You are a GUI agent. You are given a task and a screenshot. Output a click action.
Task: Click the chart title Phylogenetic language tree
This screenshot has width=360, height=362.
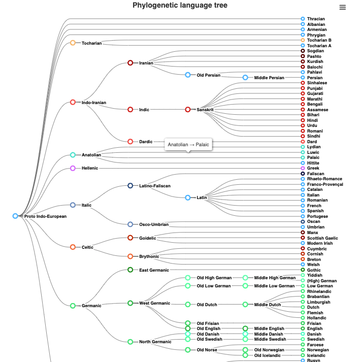pos(180,6)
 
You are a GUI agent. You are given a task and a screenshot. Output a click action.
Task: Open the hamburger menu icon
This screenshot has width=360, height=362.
pos(343,7)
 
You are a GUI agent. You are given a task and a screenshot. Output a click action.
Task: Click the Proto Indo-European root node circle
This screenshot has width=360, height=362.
pos(15,216)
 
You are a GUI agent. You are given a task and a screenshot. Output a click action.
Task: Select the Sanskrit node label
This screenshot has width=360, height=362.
pos(205,110)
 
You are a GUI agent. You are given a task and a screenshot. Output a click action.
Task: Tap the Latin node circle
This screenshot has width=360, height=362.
pos(188,198)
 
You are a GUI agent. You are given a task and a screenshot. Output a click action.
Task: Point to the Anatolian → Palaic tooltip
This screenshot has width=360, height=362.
pos(188,145)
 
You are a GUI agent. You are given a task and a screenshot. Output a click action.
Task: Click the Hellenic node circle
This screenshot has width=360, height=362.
pos(73,168)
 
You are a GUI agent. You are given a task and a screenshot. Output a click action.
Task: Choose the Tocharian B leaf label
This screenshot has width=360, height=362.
pos(319,40)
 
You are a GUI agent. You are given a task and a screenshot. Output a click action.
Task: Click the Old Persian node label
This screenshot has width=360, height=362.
pos(208,75)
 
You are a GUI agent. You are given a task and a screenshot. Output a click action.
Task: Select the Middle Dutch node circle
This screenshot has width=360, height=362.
pos(245,305)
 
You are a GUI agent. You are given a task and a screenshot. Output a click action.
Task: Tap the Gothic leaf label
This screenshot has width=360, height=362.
pos(314,270)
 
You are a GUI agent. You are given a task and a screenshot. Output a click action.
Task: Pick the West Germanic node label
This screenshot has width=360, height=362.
pos(154,303)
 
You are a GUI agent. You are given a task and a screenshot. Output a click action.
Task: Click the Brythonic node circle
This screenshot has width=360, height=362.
pos(130,256)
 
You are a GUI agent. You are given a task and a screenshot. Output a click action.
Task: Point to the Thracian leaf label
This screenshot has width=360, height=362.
pos(316,19)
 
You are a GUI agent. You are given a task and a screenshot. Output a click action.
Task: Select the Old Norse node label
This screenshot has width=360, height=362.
pos(208,350)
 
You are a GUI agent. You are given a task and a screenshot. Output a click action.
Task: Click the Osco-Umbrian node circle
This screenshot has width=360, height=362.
pos(130,224)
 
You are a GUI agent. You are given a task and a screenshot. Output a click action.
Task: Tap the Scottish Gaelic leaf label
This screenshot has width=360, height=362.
pos(322,238)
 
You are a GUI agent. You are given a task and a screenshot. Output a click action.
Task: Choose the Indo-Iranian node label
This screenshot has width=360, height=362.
pos(94,103)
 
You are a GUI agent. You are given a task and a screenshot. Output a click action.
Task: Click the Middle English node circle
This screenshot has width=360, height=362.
pos(245,329)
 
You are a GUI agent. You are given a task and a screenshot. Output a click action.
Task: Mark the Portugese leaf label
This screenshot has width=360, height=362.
pos(317,216)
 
